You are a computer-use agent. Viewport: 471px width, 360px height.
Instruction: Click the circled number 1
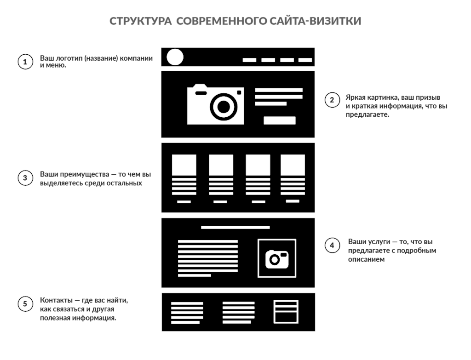click(25, 62)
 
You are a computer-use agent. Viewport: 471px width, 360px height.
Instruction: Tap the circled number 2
click(332, 100)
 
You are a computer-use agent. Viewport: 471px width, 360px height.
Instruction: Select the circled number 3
click(25, 178)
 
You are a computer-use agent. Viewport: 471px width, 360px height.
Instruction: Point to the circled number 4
click(332, 246)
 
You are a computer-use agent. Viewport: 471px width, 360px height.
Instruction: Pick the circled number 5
click(25, 304)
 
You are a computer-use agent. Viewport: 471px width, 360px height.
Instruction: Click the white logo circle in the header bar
click(175, 57)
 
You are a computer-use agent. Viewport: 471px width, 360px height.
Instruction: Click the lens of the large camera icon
click(224, 107)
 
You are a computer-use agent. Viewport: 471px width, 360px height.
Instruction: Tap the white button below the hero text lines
click(279, 120)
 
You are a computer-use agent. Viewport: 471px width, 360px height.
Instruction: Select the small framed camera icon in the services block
click(277, 258)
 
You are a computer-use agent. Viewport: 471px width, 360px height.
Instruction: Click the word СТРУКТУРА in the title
click(140, 21)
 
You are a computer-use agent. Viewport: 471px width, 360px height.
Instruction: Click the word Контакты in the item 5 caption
click(56, 300)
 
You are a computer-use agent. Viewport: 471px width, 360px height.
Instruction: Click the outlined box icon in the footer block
click(286, 312)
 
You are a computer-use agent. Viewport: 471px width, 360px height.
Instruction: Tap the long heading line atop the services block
click(235, 227)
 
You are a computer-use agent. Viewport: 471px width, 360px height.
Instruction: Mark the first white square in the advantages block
click(184, 165)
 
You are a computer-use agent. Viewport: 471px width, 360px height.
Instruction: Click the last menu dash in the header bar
click(305, 60)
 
